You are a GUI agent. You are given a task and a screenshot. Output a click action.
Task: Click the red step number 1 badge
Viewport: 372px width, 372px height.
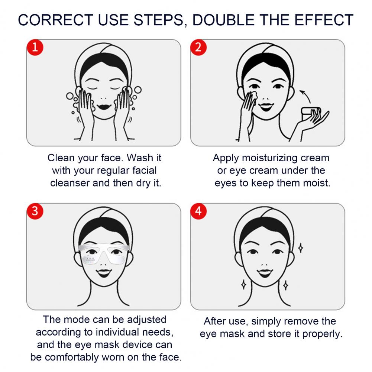35,47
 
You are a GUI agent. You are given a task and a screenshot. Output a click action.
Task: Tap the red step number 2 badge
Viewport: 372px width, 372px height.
198,47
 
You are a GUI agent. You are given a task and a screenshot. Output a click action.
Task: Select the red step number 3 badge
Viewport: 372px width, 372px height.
35,211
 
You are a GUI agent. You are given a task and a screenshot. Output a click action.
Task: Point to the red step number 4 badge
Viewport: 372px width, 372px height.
198,211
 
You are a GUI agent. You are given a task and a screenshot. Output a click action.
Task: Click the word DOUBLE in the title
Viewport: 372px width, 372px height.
223,20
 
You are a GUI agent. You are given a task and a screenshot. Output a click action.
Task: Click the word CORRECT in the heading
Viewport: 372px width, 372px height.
56,20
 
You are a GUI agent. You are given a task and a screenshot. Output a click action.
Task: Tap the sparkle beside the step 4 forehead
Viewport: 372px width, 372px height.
301,248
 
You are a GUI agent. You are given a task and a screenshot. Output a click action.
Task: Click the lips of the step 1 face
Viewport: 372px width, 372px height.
104,106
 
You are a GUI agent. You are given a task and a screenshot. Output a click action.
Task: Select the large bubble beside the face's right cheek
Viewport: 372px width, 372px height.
138,90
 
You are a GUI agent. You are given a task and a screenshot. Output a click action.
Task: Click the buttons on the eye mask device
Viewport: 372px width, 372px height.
90,259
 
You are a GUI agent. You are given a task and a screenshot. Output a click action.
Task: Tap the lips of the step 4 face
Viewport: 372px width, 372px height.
265,273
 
